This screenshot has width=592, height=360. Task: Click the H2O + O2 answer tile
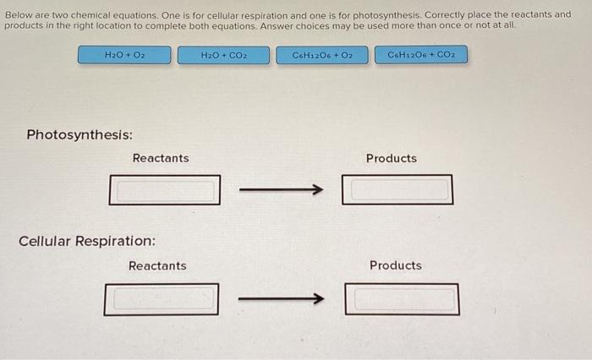(x=124, y=55)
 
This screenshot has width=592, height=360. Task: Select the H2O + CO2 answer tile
(x=224, y=55)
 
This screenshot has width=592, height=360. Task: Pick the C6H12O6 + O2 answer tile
(x=322, y=55)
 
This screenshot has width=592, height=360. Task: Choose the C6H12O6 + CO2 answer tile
(x=420, y=55)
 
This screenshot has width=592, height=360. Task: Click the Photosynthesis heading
(x=79, y=135)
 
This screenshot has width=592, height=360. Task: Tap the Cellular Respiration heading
(x=87, y=241)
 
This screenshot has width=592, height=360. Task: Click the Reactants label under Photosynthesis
(x=161, y=158)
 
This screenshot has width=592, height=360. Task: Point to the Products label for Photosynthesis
(x=391, y=158)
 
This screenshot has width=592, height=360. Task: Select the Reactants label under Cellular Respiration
(x=157, y=265)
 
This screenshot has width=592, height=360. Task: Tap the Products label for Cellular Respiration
(x=395, y=265)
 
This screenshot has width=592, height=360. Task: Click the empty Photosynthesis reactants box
(x=165, y=189)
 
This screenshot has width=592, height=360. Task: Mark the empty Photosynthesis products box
(x=397, y=189)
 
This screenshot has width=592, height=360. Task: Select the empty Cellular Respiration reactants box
(x=162, y=298)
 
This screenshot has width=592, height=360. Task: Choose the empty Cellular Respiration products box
(x=403, y=298)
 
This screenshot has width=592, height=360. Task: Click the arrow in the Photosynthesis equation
(x=281, y=190)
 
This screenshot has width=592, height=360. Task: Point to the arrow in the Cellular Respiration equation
(x=281, y=298)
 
